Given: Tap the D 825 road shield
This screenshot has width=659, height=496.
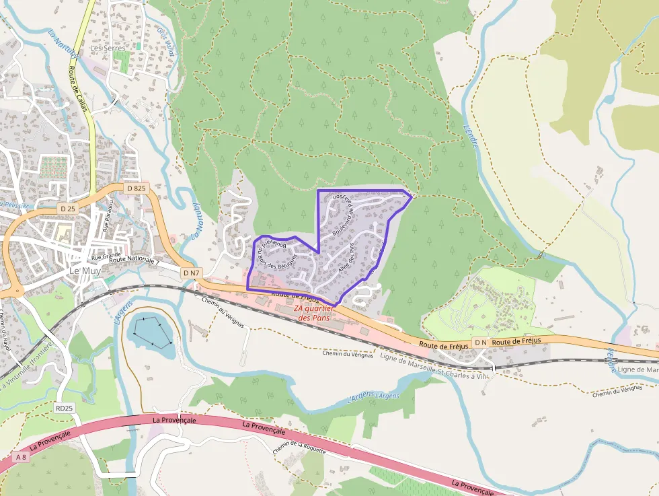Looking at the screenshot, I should pos(136,188).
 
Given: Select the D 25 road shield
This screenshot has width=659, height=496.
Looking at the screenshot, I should pos(68,209).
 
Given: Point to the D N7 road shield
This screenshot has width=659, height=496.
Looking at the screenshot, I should pos(191,273).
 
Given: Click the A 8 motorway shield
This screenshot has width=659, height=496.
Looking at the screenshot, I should pos(22,458).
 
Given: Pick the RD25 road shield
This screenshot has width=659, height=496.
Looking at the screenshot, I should pos(64,408).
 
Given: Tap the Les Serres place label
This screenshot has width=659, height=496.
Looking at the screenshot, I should pos(108,48).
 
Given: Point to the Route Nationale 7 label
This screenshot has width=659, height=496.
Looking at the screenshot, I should pos(134,260).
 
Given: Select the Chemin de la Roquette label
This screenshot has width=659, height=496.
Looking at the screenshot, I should pos(299,447).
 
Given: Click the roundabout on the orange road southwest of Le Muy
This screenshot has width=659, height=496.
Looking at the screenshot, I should pos(13,291).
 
